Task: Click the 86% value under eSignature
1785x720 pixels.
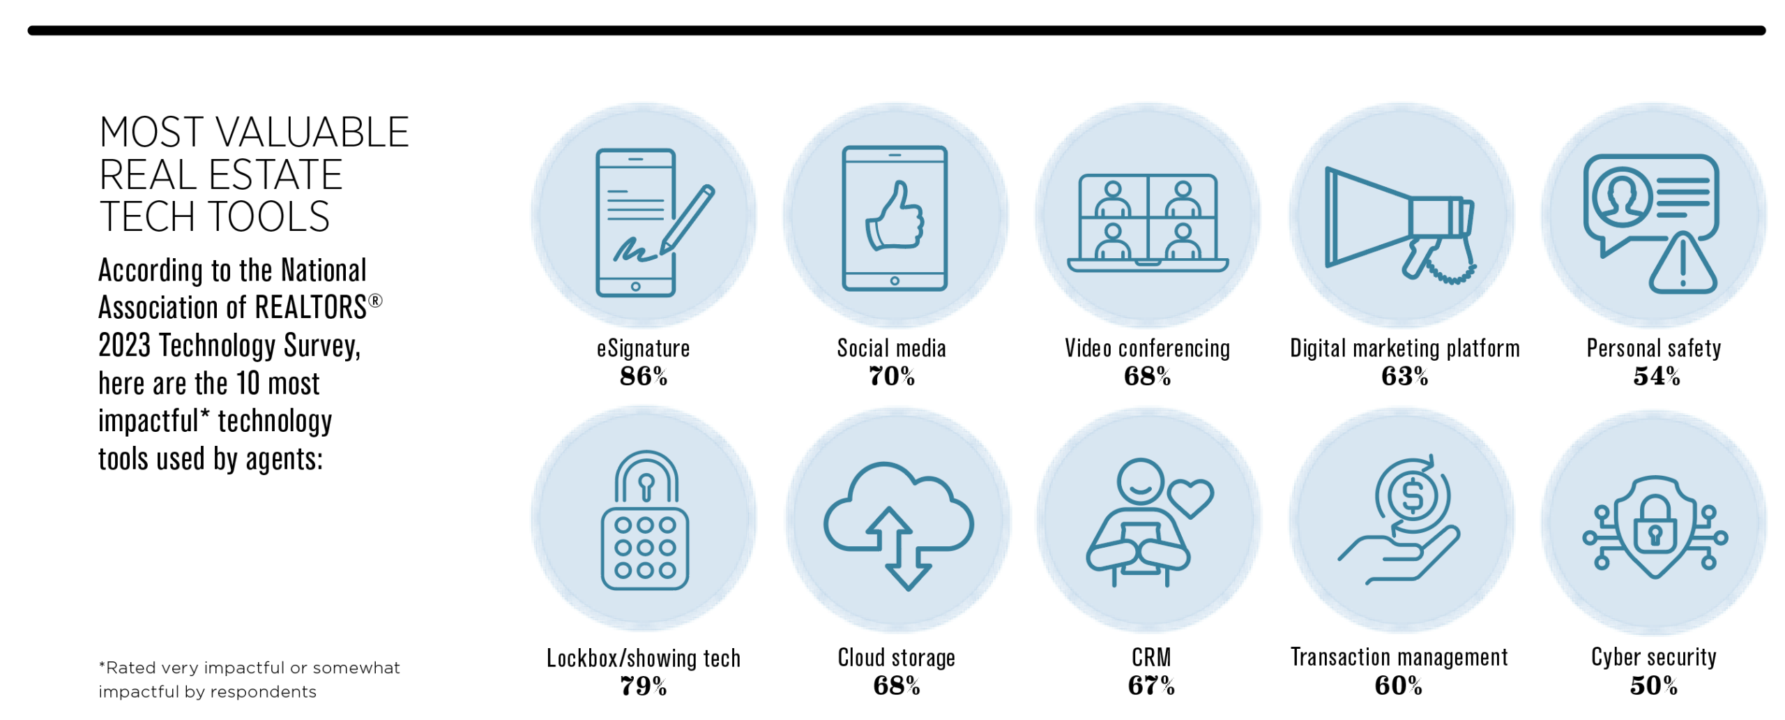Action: click(x=643, y=377)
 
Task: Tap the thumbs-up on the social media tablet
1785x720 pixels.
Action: click(x=895, y=217)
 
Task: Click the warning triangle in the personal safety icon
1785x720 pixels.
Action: click(x=1683, y=265)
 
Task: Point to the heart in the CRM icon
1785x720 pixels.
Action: click(x=1191, y=497)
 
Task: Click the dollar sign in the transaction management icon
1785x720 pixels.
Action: click(x=1413, y=496)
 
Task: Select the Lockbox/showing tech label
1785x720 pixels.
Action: click(x=643, y=658)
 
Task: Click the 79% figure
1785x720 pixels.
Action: click(x=643, y=687)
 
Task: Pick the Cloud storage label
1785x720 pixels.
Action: click(x=896, y=657)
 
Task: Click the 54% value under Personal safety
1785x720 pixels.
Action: click(x=1656, y=377)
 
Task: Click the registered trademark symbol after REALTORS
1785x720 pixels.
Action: click(x=375, y=301)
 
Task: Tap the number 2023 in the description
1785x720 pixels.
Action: click(x=124, y=345)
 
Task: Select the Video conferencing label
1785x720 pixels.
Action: click(x=1147, y=348)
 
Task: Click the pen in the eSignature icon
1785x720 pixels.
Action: click(x=688, y=218)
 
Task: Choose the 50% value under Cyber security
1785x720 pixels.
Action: click(x=1653, y=686)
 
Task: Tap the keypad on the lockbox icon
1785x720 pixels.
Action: click(x=645, y=548)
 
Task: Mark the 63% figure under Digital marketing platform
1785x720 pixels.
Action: click(x=1404, y=377)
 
